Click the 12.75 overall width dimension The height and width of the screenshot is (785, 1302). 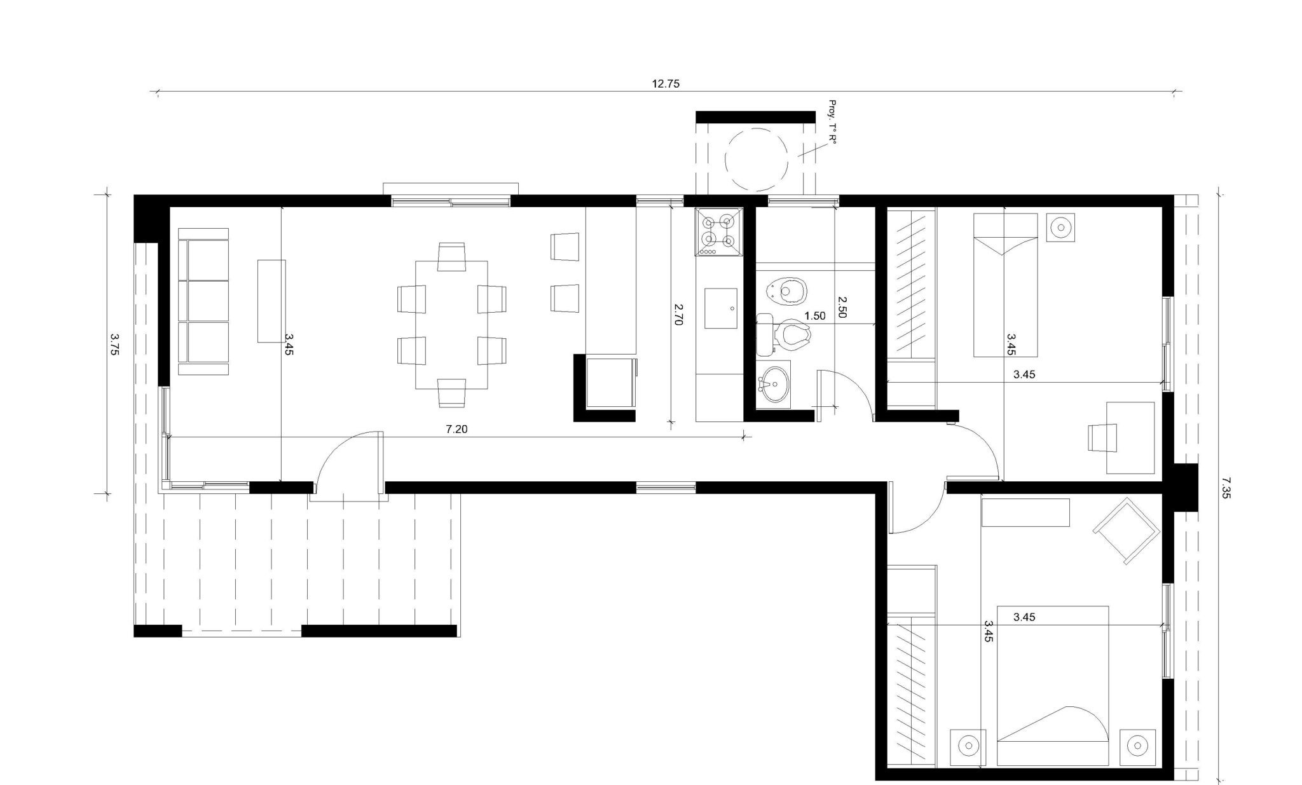coord(666,83)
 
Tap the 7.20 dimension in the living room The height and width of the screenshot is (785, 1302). coord(456,429)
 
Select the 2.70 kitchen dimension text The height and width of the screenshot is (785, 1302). coord(678,314)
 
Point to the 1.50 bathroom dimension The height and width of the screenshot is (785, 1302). coord(814,316)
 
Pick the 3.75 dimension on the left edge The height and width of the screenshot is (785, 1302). coord(114,344)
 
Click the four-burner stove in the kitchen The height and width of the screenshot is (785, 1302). coord(720,233)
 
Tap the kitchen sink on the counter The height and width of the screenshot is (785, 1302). coord(721,308)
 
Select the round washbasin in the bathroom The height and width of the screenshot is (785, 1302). coord(774,383)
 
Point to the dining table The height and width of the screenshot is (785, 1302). coord(451,325)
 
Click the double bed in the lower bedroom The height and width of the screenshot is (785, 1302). coord(1053,685)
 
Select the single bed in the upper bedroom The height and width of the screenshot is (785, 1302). coord(1006,285)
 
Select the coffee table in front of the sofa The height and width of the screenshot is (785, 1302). coord(271,301)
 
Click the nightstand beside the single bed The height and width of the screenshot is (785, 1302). coord(1060,228)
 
